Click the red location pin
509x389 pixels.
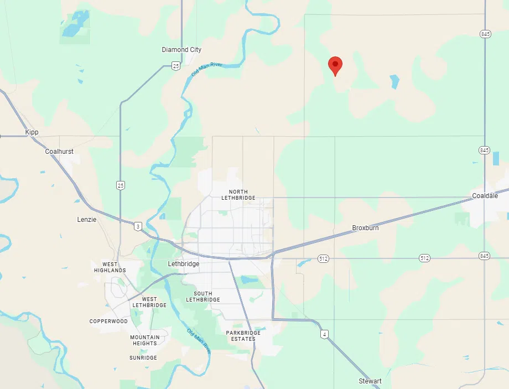[335, 65]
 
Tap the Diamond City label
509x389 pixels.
[181, 50]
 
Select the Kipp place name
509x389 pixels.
[32, 133]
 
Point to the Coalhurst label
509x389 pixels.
[59, 152]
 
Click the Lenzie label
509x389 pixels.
[87, 220]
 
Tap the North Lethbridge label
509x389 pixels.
[238, 195]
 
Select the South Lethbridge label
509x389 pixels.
[203, 297]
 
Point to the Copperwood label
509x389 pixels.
[108, 321]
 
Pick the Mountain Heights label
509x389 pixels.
[145, 340]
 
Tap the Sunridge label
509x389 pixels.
[143, 358]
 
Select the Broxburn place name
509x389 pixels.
[365, 228]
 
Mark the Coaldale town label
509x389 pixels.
[485, 196]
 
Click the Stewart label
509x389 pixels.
[370, 381]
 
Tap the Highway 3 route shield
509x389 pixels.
[137, 225]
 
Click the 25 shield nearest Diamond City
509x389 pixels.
[175, 66]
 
